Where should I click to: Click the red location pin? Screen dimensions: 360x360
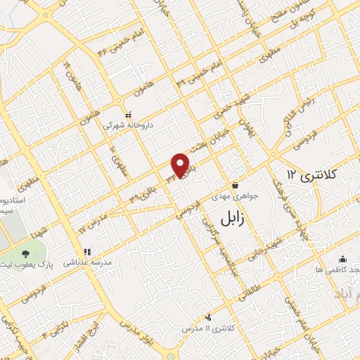(181, 165)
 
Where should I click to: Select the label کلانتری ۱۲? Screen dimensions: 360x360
(313, 172)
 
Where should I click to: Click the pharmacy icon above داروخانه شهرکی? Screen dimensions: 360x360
(127, 114)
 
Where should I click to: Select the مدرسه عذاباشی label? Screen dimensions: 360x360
(88, 262)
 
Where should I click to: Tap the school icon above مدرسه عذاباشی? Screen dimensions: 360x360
(87, 251)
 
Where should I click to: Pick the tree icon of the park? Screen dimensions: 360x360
(26, 253)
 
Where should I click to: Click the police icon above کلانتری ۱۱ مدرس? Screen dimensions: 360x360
(207, 317)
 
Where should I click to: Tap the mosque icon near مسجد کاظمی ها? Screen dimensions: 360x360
(342, 257)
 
